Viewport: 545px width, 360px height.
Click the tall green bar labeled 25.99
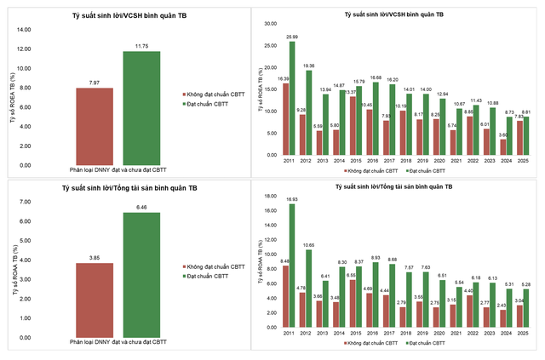tap(292, 101)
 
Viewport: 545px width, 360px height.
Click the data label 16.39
tap(284, 77)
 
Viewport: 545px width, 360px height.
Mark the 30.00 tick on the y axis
tap(272, 23)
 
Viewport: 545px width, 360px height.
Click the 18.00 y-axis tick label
tap(272, 194)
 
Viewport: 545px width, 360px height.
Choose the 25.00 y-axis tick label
tap(272, 46)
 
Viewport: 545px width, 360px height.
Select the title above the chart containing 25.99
tap(393, 15)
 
